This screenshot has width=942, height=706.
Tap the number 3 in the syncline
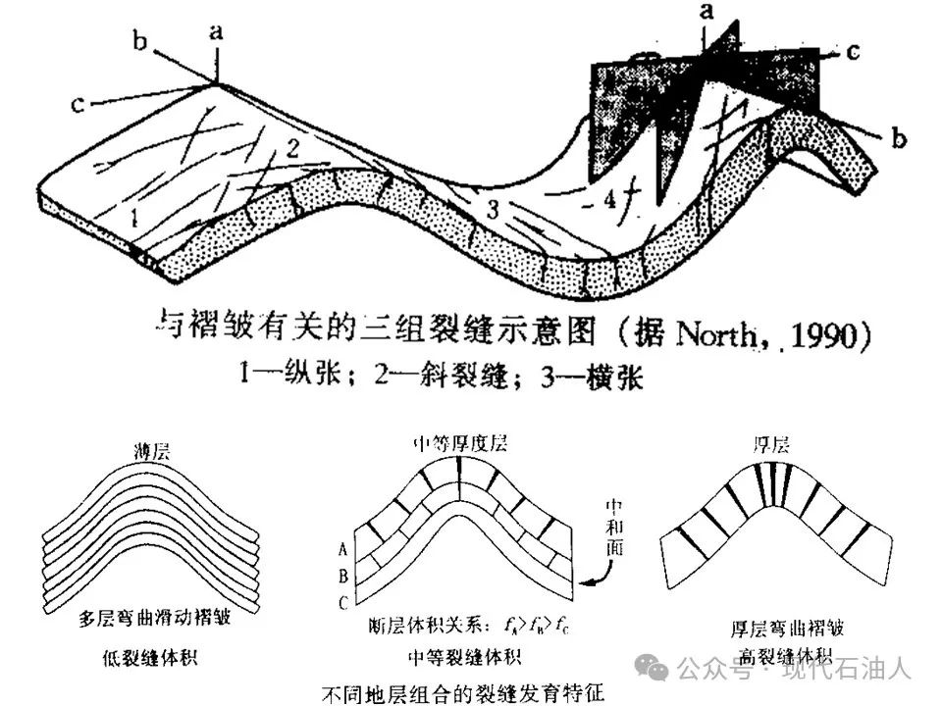[x=494, y=208]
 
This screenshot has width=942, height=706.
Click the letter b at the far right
[x=899, y=140]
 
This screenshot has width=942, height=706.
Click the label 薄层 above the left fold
[x=153, y=452]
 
